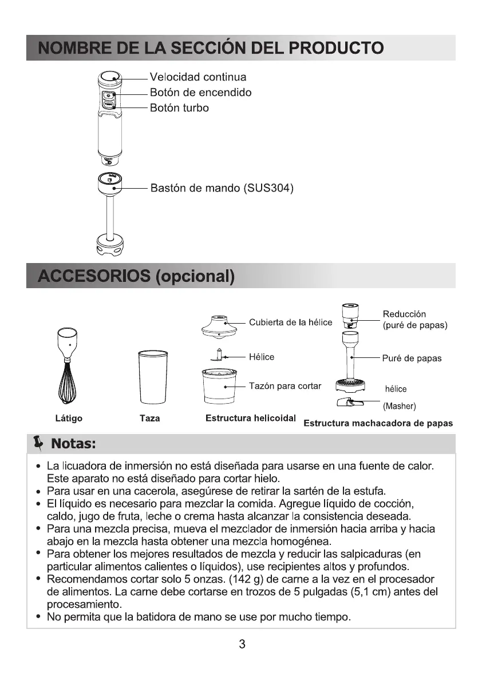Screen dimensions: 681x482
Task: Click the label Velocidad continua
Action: (197, 77)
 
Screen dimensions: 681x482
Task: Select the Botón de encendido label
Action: (200, 93)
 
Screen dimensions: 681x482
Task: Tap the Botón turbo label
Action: (179, 107)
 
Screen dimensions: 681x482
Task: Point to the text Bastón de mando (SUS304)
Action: (222, 188)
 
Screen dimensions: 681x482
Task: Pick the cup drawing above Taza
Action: (150, 378)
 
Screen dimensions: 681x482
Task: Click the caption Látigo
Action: (69, 419)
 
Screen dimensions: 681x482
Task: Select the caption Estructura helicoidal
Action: (250, 418)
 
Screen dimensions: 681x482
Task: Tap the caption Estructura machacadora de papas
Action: (378, 424)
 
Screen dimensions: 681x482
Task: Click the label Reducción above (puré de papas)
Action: (404, 314)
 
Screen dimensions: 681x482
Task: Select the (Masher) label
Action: (399, 407)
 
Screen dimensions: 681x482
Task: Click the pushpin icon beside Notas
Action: (38, 443)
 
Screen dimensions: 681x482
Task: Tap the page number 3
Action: (242, 644)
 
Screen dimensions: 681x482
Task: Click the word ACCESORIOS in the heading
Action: (93, 277)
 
